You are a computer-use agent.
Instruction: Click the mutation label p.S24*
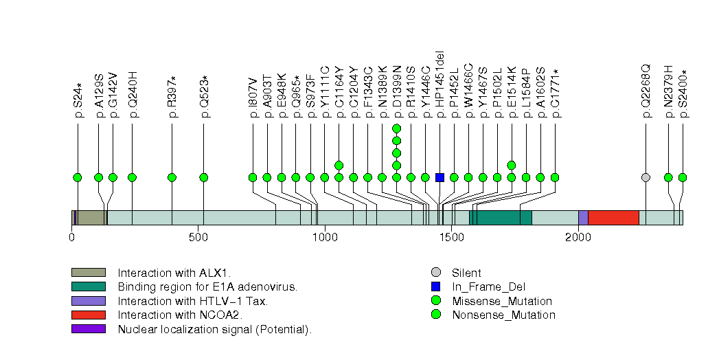78,101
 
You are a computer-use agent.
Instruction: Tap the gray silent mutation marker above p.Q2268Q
646,177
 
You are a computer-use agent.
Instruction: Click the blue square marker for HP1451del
440,177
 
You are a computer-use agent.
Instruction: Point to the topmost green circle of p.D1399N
396,128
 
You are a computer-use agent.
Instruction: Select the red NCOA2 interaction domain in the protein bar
613,218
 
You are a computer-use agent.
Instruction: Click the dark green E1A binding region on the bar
504,218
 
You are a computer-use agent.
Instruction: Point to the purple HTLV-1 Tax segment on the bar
583,218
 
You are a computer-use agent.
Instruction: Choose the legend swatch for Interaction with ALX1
88,273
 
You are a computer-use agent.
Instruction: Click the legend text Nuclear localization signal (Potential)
214,329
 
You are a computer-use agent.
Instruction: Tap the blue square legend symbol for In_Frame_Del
435,287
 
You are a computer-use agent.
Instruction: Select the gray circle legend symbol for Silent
435,273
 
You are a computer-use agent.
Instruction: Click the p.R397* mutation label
172,97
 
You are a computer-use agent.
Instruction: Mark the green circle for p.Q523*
204,177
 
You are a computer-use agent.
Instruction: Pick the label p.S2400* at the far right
683,94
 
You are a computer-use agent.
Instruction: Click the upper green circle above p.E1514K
511,165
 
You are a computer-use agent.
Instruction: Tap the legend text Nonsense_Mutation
503,315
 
